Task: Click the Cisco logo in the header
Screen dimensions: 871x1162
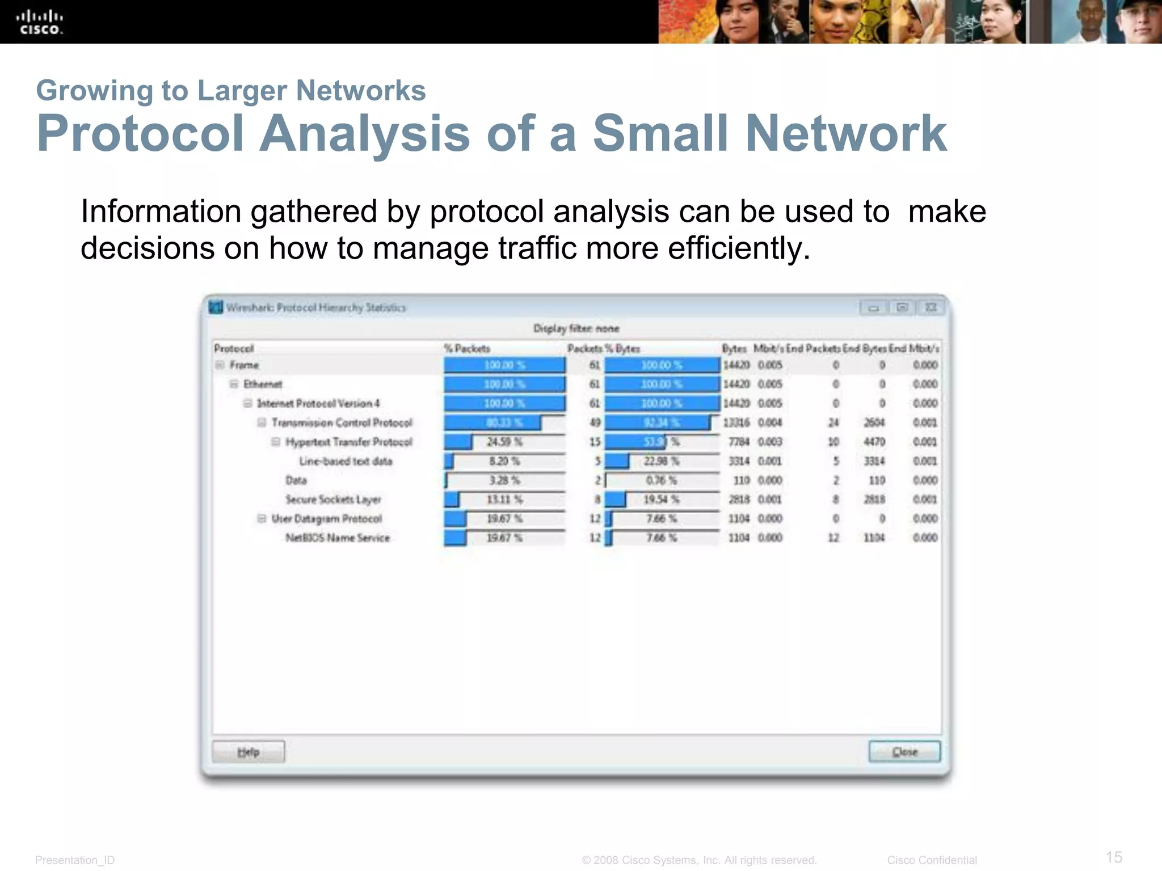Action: coord(39,23)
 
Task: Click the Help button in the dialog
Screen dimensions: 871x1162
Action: coord(248,752)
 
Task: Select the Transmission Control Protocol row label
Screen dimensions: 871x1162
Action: coord(342,423)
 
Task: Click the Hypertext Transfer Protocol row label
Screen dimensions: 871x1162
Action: coord(349,442)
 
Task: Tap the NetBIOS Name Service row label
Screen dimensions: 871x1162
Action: coord(338,538)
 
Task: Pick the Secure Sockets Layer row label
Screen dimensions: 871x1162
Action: coord(333,500)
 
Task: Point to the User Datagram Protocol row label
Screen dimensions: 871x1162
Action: coord(327,519)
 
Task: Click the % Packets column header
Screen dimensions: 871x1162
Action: coord(467,349)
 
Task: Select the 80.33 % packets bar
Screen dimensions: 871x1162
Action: coord(492,423)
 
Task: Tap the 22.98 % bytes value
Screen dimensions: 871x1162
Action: coord(661,461)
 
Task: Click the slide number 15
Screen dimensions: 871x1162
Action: coord(1114,857)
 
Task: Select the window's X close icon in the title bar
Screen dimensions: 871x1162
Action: coord(931,308)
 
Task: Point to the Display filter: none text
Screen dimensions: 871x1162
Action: coord(576,328)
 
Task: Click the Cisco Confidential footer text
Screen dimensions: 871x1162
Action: coord(932,860)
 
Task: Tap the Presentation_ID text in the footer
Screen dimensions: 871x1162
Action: coord(75,860)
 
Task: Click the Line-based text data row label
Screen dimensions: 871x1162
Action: coord(346,462)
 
